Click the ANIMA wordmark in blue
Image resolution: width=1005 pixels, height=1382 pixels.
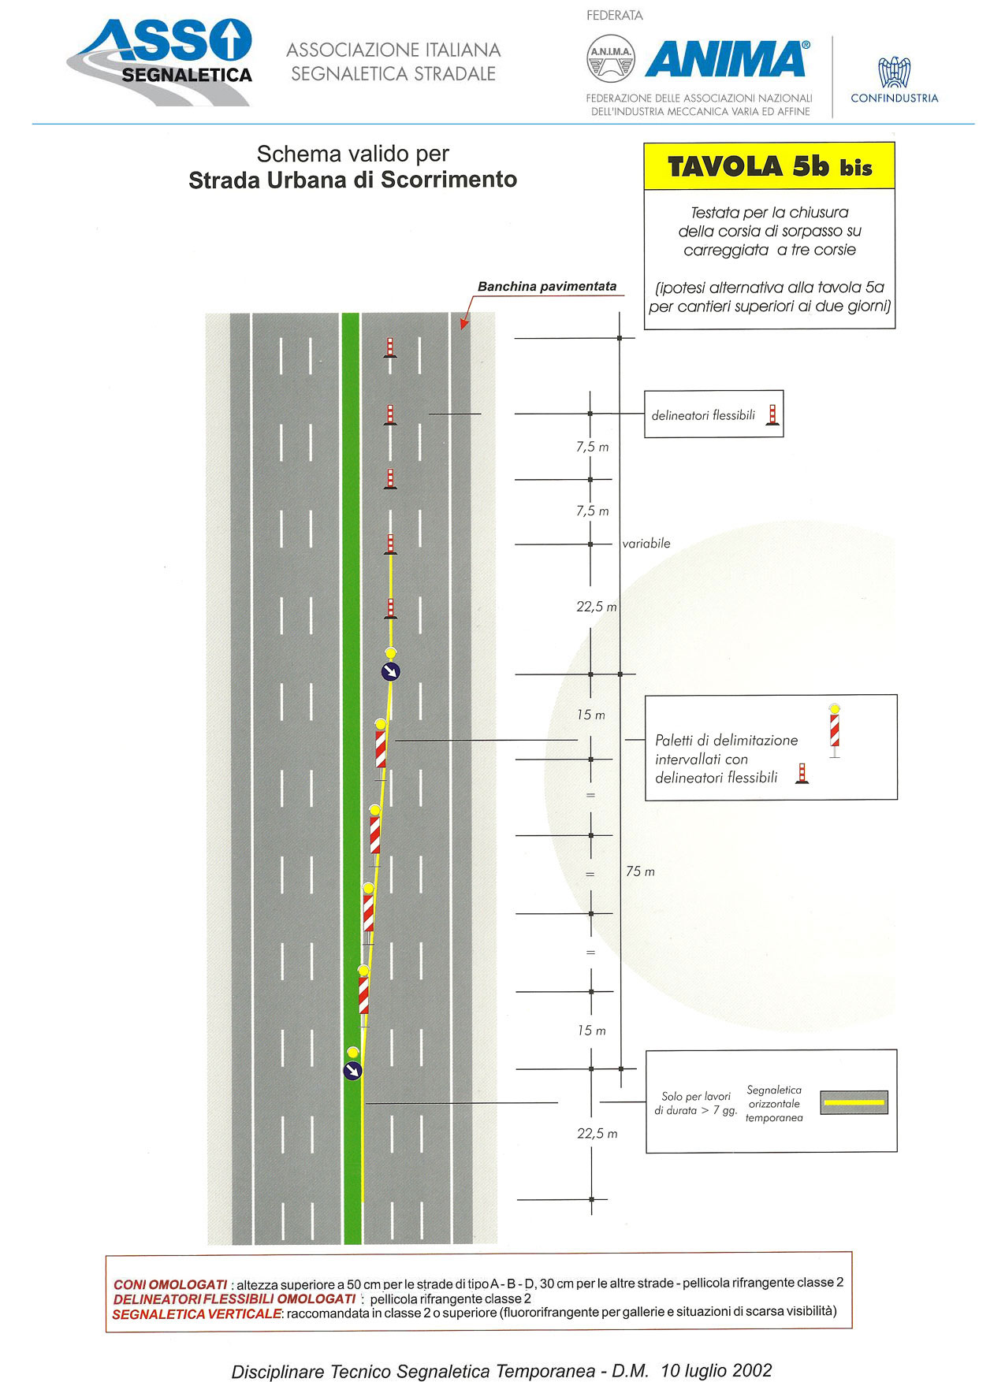[727, 59]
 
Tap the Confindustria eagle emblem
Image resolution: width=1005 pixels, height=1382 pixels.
[895, 72]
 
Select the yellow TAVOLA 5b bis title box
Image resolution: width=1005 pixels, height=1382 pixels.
[769, 166]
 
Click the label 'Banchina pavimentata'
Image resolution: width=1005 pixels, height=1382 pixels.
[547, 287]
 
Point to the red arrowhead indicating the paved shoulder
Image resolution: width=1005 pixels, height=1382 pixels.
[464, 322]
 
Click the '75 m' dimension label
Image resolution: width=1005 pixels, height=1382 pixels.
[640, 871]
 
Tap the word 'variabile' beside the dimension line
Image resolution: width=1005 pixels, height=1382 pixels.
[646, 544]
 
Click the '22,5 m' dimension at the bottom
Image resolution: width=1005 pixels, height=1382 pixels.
[597, 1134]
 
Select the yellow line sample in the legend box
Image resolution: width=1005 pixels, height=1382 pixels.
[854, 1102]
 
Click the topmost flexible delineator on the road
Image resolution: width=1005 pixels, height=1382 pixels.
[389, 347]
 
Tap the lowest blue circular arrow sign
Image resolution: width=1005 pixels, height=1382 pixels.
[352, 1070]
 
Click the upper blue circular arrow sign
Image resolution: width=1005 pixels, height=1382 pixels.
[391, 671]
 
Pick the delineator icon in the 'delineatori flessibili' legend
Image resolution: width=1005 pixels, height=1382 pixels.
[772, 414]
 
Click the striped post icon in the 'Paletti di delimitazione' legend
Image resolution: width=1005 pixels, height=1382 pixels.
[834, 730]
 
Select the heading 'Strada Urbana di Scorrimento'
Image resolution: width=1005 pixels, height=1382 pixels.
[352, 180]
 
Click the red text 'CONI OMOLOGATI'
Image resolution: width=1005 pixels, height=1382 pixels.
[170, 1285]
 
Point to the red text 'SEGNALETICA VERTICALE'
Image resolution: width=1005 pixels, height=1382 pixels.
[197, 1313]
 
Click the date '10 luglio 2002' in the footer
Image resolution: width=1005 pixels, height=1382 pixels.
[717, 1370]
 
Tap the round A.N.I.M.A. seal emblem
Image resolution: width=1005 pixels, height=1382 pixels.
[611, 58]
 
